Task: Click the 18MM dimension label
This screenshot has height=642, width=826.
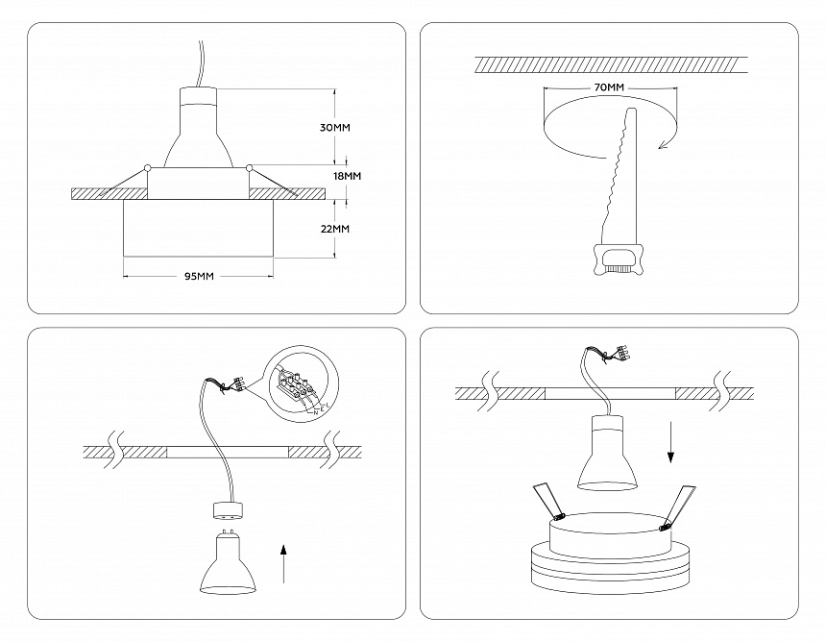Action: tap(346, 177)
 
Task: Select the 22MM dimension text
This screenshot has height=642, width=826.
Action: tap(334, 229)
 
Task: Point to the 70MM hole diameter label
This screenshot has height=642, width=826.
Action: tap(610, 88)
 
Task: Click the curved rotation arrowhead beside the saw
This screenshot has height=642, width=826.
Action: tap(661, 144)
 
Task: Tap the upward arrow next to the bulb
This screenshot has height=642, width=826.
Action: tap(283, 561)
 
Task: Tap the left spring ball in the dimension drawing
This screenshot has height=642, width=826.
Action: tap(148, 169)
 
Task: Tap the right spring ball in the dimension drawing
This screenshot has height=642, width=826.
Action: tap(250, 169)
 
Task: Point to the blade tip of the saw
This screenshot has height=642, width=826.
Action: tap(630, 113)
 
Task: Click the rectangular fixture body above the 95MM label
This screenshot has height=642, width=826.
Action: tap(199, 231)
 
